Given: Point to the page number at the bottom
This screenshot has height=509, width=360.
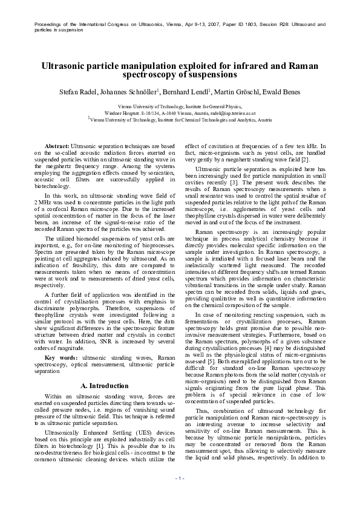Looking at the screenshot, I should pyautogui.click(x=180, y=495).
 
